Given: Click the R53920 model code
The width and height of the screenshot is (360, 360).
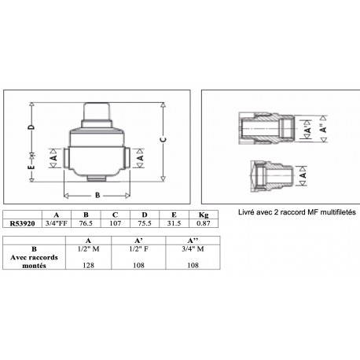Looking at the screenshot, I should coord(20,223).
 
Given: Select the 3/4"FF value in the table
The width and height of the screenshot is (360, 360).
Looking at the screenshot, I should coord(56,223).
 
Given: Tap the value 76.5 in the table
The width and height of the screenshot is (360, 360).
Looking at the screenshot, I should coord(86,223).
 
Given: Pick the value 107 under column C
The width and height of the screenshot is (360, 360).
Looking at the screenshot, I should coord(115,223).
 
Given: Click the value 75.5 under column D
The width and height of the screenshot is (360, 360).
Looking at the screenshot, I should coord(144,223).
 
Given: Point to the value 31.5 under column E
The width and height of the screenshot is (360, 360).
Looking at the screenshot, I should coord(174,223).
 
